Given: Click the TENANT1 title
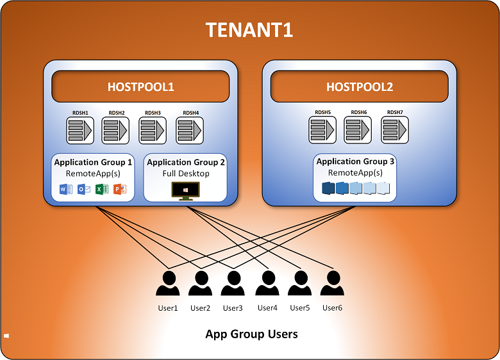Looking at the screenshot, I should (x=249, y=30).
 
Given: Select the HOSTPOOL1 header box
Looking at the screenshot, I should (x=140, y=86).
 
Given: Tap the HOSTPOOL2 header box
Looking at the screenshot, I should (x=360, y=86).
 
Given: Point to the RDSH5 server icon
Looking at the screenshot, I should (x=322, y=130).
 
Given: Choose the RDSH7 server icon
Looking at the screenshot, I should (x=396, y=130).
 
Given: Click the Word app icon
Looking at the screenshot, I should (x=65, y=189).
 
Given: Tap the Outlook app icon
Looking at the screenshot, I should (x=83, y=189).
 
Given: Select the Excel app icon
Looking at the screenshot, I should (x=101, y=189).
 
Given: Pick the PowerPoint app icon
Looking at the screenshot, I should (x=119, y=189).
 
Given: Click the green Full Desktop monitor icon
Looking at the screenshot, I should (x=186, y=190).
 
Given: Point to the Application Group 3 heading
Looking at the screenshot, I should (x=356, y=161).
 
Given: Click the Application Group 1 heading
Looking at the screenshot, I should (x=93, y=162).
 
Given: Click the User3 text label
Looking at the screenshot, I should (x=233, y=308).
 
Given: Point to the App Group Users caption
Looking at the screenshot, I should (x=251, y=334).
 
